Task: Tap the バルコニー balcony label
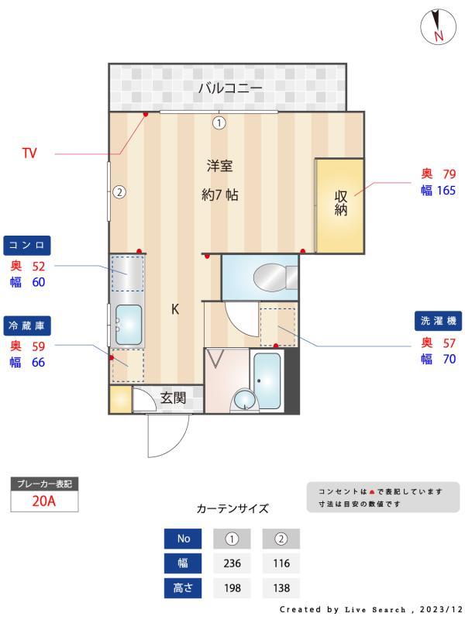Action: (x=230, y=88)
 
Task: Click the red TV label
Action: (x=29, y=153)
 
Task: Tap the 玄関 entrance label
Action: (x=173, y=398)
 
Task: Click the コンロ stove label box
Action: (x=27, y=246)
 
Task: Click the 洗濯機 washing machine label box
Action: (x=439, y=321)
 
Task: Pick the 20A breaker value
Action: (x=44, y=501)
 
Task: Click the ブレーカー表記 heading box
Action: (x=44, y=484)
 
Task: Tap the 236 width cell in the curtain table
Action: (x=231, y=563)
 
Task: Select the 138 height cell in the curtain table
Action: (x=281, y=588)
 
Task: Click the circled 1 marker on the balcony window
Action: (x=219, y=122)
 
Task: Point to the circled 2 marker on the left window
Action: (x=119, y=192)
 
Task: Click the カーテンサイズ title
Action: (x=232, y=509)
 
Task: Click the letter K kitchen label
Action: (x=175, y=309)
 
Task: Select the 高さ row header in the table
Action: (x=183, y=588)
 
